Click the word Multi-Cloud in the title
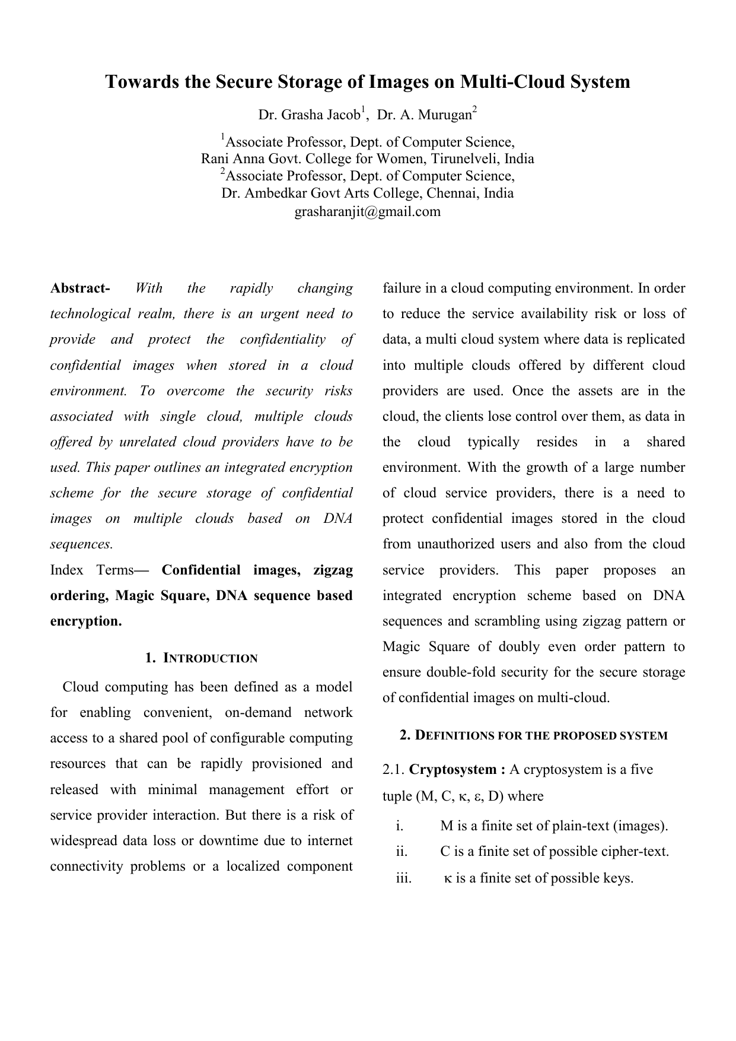pos(512,82)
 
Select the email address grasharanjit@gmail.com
pos(368,211)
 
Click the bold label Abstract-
pos(80,288)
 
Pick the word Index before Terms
pos(66,570)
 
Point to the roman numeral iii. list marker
pos(404,878)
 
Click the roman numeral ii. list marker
pos(402,852)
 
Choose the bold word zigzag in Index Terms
pos(333,570)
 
